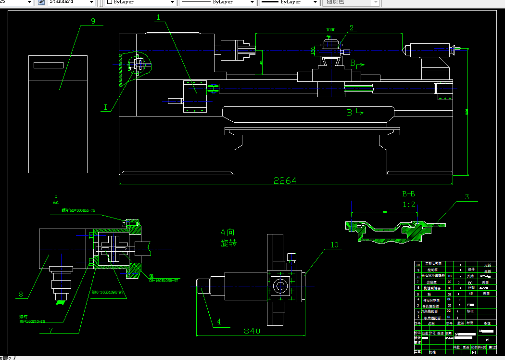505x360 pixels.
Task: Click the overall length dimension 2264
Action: pos(285,181)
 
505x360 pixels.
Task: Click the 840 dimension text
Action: pos(252,331)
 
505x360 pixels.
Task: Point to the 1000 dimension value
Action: pos(331,30)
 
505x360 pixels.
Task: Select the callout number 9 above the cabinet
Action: pos(93,21)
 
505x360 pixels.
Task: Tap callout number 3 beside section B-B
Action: pos(467,197)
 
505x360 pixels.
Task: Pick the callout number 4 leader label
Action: pos(219,322)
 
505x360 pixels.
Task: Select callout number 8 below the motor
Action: pos(21,295)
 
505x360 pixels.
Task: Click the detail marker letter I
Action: pos(105,108)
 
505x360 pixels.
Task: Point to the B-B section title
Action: pos(408,194)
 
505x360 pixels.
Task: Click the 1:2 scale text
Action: pos(408,205)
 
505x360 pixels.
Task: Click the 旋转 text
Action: pos(229,244)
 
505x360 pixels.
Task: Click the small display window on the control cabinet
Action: pos(49,65)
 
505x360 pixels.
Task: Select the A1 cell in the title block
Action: pos(488,339)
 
